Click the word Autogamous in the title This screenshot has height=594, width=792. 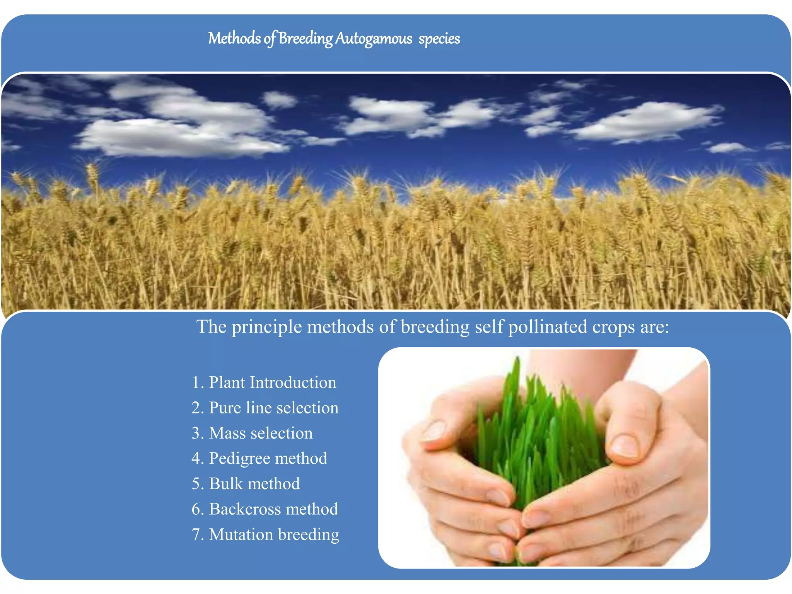(374, 39)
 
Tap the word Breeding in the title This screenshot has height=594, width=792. (305, 39)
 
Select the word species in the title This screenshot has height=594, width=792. (439, 39)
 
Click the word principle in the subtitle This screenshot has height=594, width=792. (266, 327)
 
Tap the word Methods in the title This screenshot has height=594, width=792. (234, 39)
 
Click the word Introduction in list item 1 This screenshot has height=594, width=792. (293, 382)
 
